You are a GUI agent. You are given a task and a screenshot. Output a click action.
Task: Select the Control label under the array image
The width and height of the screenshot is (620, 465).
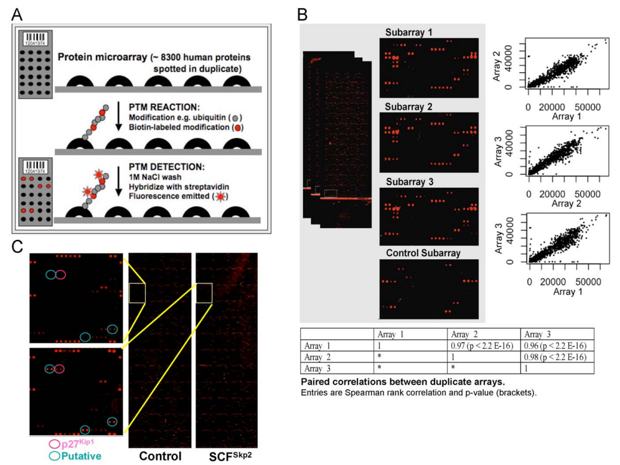point(159,456)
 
